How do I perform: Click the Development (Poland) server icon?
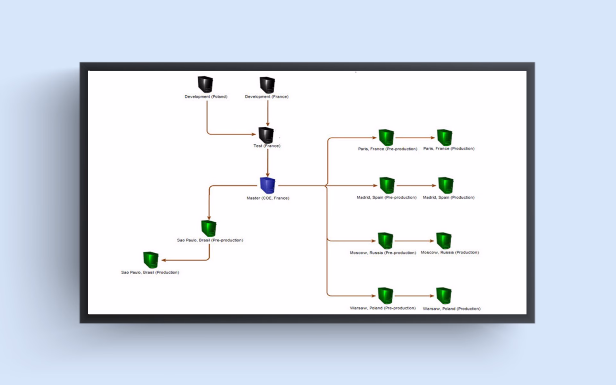205,84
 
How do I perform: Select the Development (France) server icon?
267,85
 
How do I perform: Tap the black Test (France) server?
266,135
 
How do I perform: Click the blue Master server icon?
267,185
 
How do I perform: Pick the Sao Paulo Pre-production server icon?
209,228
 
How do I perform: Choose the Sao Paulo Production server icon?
151,260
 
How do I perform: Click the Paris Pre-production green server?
386,138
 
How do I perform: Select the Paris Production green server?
445,137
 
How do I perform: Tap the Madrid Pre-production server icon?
387,185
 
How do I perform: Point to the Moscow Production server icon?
444,241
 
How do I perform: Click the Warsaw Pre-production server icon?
385,295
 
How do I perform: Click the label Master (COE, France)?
268,198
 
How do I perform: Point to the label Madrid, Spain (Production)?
449,197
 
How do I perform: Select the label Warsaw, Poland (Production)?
451,309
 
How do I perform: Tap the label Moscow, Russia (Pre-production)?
383,253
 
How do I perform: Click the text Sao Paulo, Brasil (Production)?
150,272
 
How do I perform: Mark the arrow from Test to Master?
268,162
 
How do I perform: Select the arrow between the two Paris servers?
415,138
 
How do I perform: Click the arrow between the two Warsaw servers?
414,296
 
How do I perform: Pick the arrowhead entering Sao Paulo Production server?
164,260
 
